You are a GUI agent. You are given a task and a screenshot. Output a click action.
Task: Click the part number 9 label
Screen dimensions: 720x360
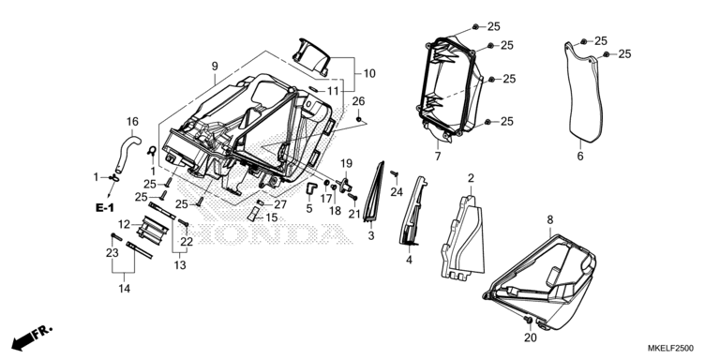(215, 67)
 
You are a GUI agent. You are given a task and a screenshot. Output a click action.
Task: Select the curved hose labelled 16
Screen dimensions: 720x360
(127, 152)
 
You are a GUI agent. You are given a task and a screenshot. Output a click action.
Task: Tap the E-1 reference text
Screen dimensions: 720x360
(105, 208)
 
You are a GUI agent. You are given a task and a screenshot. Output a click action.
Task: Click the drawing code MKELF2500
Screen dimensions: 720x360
(670, 348)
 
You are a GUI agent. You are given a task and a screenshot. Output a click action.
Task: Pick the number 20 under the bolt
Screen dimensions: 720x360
(531, 337)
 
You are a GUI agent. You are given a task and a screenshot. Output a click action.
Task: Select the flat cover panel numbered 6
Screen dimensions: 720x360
(582, 93)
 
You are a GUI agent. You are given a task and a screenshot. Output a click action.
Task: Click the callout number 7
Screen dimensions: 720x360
(438, 157)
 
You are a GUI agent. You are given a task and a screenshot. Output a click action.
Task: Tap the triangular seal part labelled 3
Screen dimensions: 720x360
(374, 193)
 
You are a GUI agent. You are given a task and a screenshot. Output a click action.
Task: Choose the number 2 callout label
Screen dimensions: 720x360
(471, 178)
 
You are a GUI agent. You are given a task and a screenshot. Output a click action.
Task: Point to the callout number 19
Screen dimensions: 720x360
(346, 163)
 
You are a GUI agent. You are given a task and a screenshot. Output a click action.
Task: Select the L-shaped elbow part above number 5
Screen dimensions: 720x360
(311, 187)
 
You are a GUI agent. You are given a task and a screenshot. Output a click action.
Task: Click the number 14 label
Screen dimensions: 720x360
(124, 289)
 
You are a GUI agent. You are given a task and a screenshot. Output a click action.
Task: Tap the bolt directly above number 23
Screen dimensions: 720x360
(115, 237)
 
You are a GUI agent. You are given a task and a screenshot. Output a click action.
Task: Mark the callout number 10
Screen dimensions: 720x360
(369, 73)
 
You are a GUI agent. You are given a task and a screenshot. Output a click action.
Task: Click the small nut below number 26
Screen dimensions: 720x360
(358, 119)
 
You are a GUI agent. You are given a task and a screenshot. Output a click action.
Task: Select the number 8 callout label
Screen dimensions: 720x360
(550, 220)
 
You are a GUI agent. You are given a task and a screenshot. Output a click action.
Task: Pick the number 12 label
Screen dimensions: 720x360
(124, 225)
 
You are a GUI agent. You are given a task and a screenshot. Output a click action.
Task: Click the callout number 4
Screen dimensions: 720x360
(409, 261)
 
